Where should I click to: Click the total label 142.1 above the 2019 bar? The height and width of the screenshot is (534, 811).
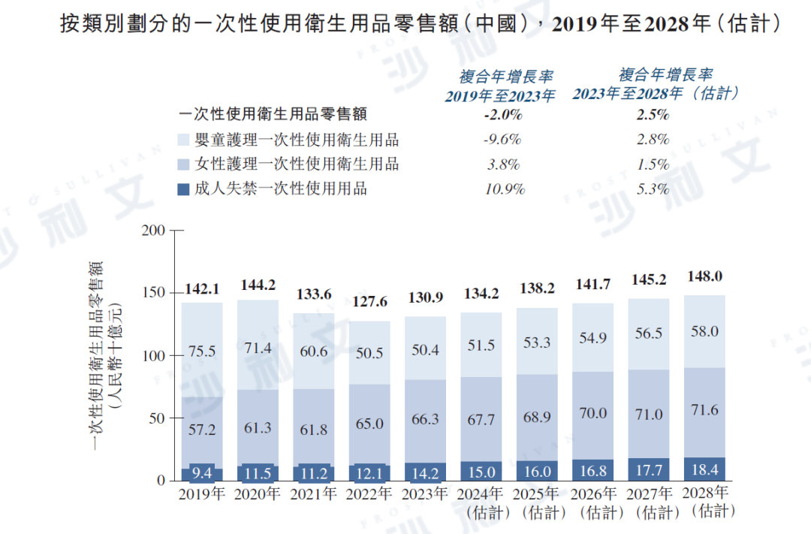pyautogui.click(x=201, y=291)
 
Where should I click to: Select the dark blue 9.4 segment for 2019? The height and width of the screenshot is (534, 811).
pyautogui.click(x=201, y=473)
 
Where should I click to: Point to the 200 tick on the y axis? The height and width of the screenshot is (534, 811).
pyautogui.click(x=152, y=231)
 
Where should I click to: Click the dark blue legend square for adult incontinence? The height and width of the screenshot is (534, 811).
pyautogui.click(x=183, y=189)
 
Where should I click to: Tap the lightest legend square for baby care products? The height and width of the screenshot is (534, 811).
pyautogui.click(x=183, y=140)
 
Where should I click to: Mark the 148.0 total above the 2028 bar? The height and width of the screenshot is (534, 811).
pyautogui.click(x=704, y=276)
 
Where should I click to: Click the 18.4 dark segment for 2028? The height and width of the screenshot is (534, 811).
pyautogui.click(x=704, y=469)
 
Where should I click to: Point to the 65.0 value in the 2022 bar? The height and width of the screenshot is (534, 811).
pyautogui.click(x=369, y=424)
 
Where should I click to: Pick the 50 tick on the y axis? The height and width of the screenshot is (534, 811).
pyautogui.click(x=156, y=418)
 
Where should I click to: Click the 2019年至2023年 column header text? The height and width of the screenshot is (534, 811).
pyautogui.click(x=500, y=95)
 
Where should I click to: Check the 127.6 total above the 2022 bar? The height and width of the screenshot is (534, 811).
pyautogui.click(x=369, y=303)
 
